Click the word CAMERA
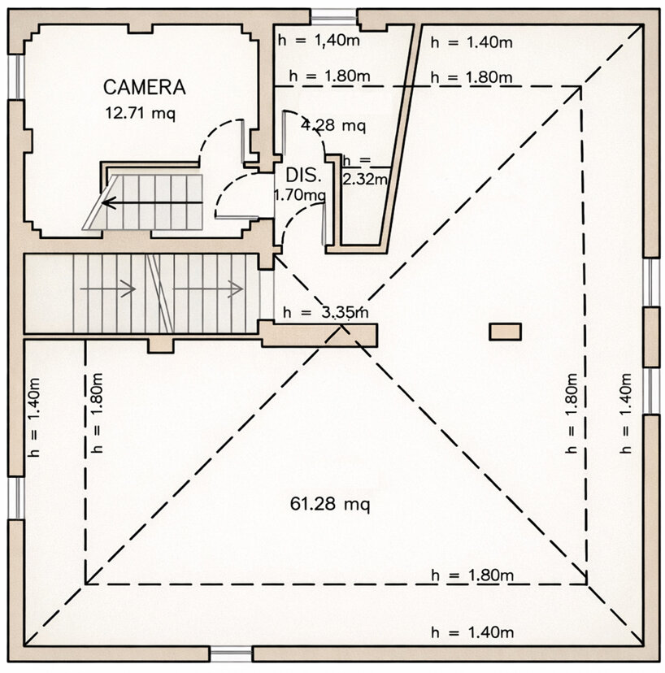coord(144,87)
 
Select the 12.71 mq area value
coord(141,114)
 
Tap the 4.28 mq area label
coord(333,125)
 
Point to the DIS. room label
coord(303,175)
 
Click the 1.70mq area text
coord(300,195)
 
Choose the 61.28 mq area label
coord(330,503)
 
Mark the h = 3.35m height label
coord(325,312)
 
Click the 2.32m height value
coord(365,179)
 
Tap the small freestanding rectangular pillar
coord(506,332)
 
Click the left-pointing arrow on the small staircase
coord(152,202)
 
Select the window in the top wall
coord(334,17)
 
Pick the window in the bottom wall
coord(231,653)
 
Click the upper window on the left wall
coord(16,77)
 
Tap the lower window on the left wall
coord(16,498)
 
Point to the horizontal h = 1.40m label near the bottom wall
coord(472,632)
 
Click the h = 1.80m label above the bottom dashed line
coord(472,575)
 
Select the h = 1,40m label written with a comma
coord(319,41)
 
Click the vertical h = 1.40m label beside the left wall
coord(33,417)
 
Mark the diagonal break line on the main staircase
coord(159,293)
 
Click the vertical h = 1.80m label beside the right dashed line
coord(572,414)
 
